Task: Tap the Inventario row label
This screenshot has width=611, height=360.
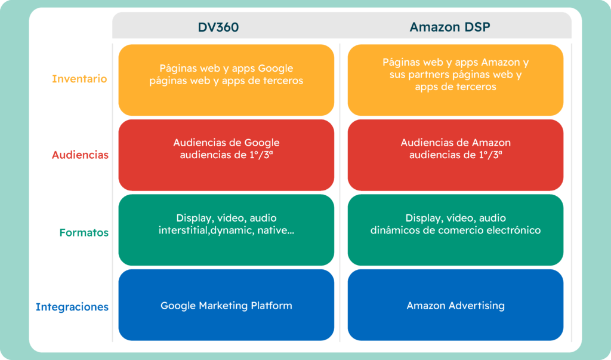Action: [x=79, y=79]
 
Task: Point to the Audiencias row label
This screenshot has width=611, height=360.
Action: [x=80, y=155]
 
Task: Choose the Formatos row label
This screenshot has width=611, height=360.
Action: [x=84, y=232]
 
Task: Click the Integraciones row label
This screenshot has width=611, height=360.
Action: [x=72, y=307]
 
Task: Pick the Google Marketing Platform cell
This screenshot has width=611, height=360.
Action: [x=226, y=306]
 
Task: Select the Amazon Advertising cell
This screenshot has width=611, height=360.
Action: [x=455, y=306]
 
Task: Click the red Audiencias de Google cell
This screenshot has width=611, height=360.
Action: [x=226, y=155]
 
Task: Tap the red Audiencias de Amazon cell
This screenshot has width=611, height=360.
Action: [x=455, y=155]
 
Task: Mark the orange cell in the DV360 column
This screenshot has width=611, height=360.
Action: [x=226, y=79]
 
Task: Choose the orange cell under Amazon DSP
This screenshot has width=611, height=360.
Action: [x=455, y=79]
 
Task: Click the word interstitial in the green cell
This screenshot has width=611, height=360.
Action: [x=183, y=230]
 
